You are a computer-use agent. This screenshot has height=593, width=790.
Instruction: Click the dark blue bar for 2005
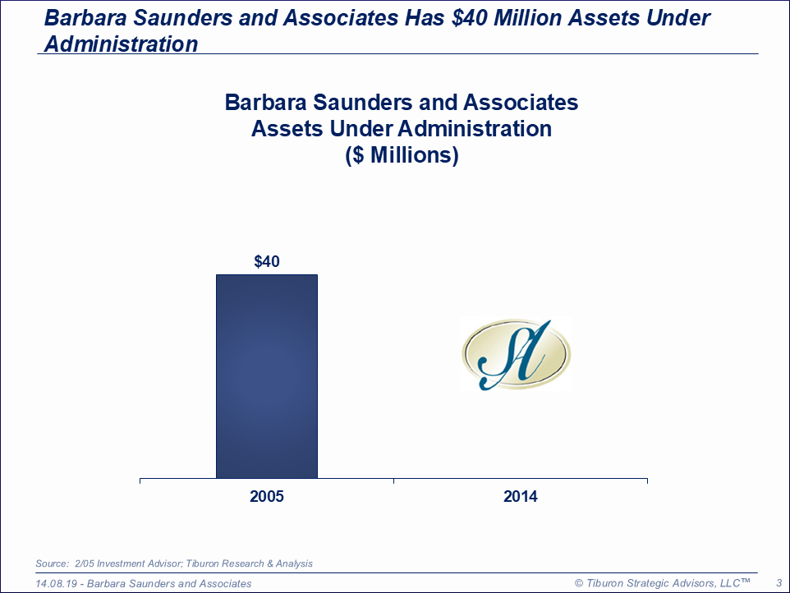tap(267, 376)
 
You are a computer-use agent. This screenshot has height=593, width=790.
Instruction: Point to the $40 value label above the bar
tap(267, 261)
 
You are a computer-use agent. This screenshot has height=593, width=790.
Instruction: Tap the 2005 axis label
tap(267, 496)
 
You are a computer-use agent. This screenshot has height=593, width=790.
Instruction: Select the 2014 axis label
tap(521, 496)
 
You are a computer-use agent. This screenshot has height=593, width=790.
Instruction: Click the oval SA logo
tap(517, 354)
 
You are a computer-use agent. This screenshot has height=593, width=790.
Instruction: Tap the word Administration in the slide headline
tap(122, 44)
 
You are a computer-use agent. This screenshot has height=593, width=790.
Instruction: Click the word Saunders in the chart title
tap(362, 103)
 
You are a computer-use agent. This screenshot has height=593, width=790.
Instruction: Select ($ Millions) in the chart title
tap(402, 155)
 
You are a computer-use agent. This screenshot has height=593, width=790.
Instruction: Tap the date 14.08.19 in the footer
tap(56, 583)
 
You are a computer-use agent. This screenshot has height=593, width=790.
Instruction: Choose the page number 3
tap(779, 583)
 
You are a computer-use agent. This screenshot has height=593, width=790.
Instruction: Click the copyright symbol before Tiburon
tap(579, 583)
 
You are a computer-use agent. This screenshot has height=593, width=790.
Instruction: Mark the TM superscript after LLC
tap(746, 581)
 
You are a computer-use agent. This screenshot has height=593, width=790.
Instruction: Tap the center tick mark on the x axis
tap(393, 481)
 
